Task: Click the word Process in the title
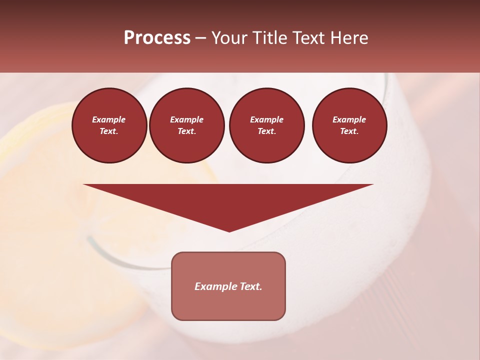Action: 157,38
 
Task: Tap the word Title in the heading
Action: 268,38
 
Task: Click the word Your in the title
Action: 229,38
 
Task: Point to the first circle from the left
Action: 109,125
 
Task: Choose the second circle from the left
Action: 187,125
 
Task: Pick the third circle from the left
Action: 266,125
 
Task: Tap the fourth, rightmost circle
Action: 349,125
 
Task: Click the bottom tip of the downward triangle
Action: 229,231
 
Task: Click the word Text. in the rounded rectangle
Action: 250,286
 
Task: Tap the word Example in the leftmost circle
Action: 109,120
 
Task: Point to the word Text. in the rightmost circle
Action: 349,131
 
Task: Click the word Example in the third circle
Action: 266,120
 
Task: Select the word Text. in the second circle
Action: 187,131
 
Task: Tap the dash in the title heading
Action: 201,38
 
